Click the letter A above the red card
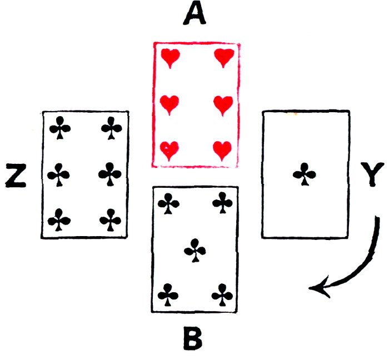[194, 15]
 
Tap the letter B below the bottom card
[193, 338]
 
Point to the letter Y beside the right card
[372, 177]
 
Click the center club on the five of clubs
[194, 250]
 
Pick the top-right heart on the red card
[223, 57]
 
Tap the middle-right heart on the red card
[223, 103]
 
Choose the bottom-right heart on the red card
[223, 149]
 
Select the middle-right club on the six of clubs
[110, 176]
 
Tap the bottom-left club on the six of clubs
[59, 221]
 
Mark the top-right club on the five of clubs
[222, 203]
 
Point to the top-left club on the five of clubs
[167, 203]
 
